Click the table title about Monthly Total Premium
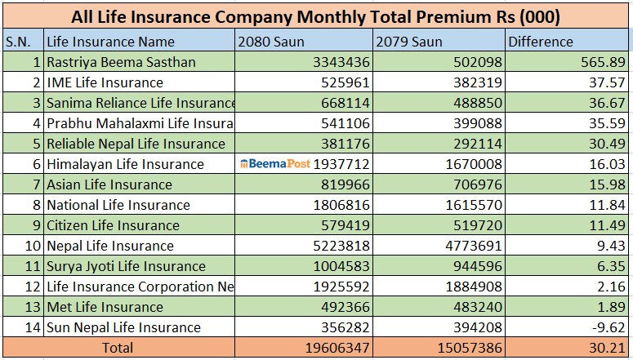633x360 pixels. (315, 16)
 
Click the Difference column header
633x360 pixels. (541, 42)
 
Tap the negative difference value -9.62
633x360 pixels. (604, 327)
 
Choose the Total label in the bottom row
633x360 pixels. (117, 348)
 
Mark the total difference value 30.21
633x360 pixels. (604, 348)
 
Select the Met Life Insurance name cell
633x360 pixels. (105, 307)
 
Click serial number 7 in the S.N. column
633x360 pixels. (36, 184)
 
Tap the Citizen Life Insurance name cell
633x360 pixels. (113, 225)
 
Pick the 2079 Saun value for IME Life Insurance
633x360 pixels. (471, 82)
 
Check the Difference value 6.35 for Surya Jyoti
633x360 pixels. (608, 266)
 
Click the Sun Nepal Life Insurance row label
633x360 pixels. (123, 327)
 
